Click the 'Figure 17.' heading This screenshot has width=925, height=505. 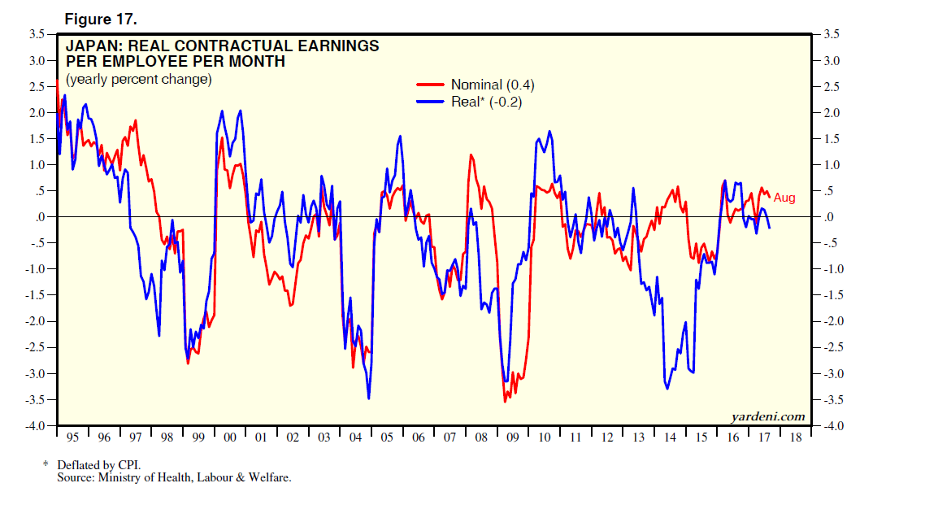(x=101, y=18)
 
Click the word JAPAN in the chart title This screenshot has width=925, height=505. (x=90, y=46)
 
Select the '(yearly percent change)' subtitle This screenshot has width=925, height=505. (x=139, y=80)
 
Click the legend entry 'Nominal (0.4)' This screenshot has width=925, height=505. (x=493, y=85)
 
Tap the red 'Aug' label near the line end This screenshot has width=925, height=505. (x=784, y=198)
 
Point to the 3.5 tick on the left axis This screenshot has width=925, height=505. (x=36, y=35)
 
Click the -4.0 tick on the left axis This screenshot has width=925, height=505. (x=34, y=426)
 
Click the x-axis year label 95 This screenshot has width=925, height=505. (x=72, y=438)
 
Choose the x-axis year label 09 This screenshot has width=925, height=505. (x=513, y=438)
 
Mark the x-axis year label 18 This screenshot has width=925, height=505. (x=796, y=438)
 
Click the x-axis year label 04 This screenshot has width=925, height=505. (x=355, y=438)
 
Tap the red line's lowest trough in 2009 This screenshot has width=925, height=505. (x=505, y=401)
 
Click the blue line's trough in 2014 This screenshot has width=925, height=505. (x=667, y=389)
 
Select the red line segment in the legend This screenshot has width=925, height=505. (x=432, y=85)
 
